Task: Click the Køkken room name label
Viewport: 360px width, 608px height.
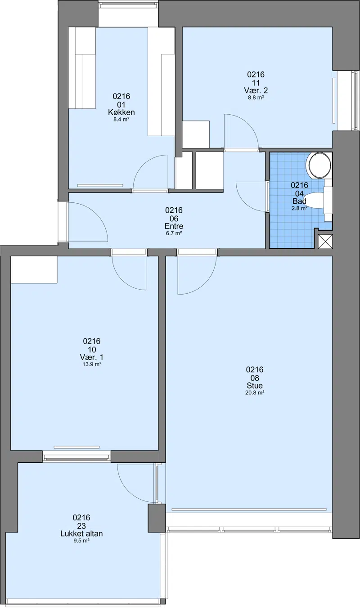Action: coord(121,112)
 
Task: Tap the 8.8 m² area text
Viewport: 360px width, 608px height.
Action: coord(256,98)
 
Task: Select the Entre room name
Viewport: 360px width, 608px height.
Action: coord(174,226)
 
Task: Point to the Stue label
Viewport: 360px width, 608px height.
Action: coord(255,385)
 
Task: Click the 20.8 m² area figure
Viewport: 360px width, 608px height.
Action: coord(255,393)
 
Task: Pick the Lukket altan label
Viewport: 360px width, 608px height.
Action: coord(81,534)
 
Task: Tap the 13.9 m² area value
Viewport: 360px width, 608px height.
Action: coord(92,364)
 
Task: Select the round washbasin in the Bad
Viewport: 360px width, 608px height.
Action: coord(319,165)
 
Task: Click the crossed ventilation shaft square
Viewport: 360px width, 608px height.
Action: coord(325,241)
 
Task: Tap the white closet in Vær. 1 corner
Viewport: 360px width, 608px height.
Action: coord(34,269)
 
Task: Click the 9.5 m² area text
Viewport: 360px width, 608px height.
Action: coord(81,541)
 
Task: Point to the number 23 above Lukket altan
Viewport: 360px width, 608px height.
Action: coord(81,526)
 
